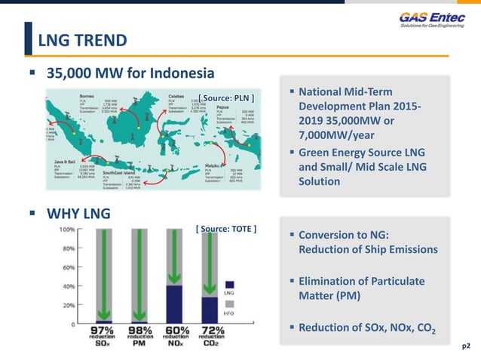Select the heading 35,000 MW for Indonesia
[130, 73]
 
